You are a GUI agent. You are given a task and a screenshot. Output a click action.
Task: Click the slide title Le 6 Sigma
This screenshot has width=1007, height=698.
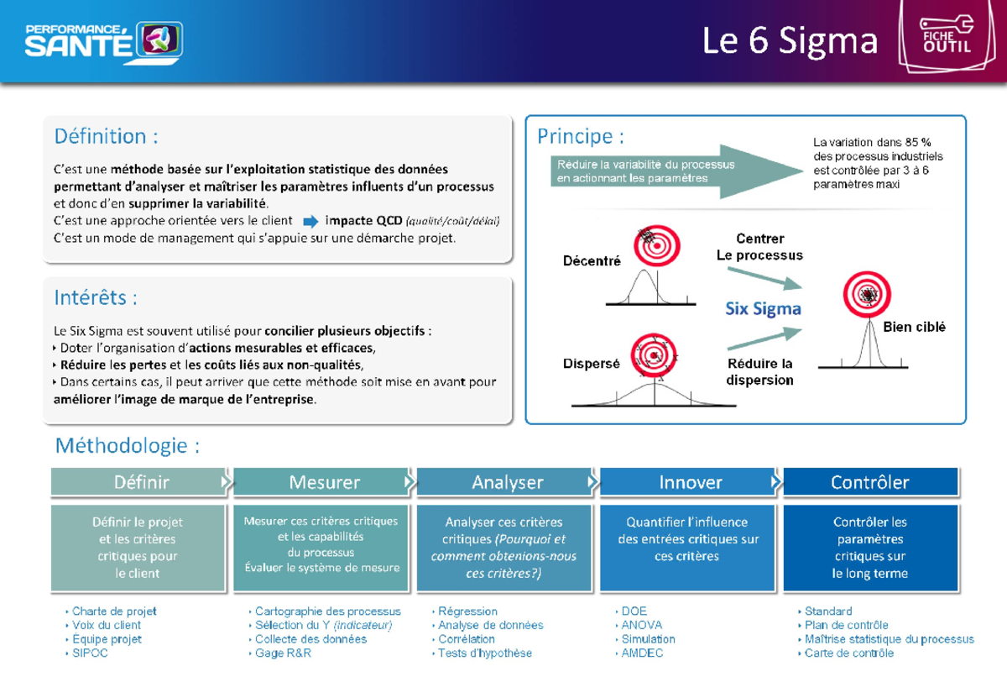790,40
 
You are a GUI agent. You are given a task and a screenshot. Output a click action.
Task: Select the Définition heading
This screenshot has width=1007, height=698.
106,136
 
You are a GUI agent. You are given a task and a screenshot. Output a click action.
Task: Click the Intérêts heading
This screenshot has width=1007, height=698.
96,297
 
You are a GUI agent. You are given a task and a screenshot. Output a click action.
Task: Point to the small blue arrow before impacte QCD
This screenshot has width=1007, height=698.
310,222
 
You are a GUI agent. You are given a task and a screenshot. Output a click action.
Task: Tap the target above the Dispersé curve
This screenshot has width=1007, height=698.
655,356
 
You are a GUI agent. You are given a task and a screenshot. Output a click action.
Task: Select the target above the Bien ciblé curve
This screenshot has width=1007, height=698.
867,295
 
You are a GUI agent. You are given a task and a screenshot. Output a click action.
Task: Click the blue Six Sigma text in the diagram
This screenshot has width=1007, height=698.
763,309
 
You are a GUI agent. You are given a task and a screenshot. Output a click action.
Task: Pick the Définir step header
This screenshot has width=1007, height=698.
141,482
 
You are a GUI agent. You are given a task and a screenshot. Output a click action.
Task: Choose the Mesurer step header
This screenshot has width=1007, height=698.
324,482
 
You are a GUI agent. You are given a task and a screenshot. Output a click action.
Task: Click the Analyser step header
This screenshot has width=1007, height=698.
507,482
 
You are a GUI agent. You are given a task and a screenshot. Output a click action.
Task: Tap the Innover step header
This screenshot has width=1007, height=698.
690,482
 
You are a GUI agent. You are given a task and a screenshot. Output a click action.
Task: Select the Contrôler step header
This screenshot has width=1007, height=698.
869,482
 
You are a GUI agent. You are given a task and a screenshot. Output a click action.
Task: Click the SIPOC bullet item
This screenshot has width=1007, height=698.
90,653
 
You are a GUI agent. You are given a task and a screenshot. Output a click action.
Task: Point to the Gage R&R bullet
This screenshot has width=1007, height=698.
283,653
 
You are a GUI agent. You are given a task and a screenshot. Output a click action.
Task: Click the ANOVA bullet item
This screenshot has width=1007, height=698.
641,625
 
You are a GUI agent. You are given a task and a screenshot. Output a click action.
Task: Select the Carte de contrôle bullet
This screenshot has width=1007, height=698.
848,653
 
